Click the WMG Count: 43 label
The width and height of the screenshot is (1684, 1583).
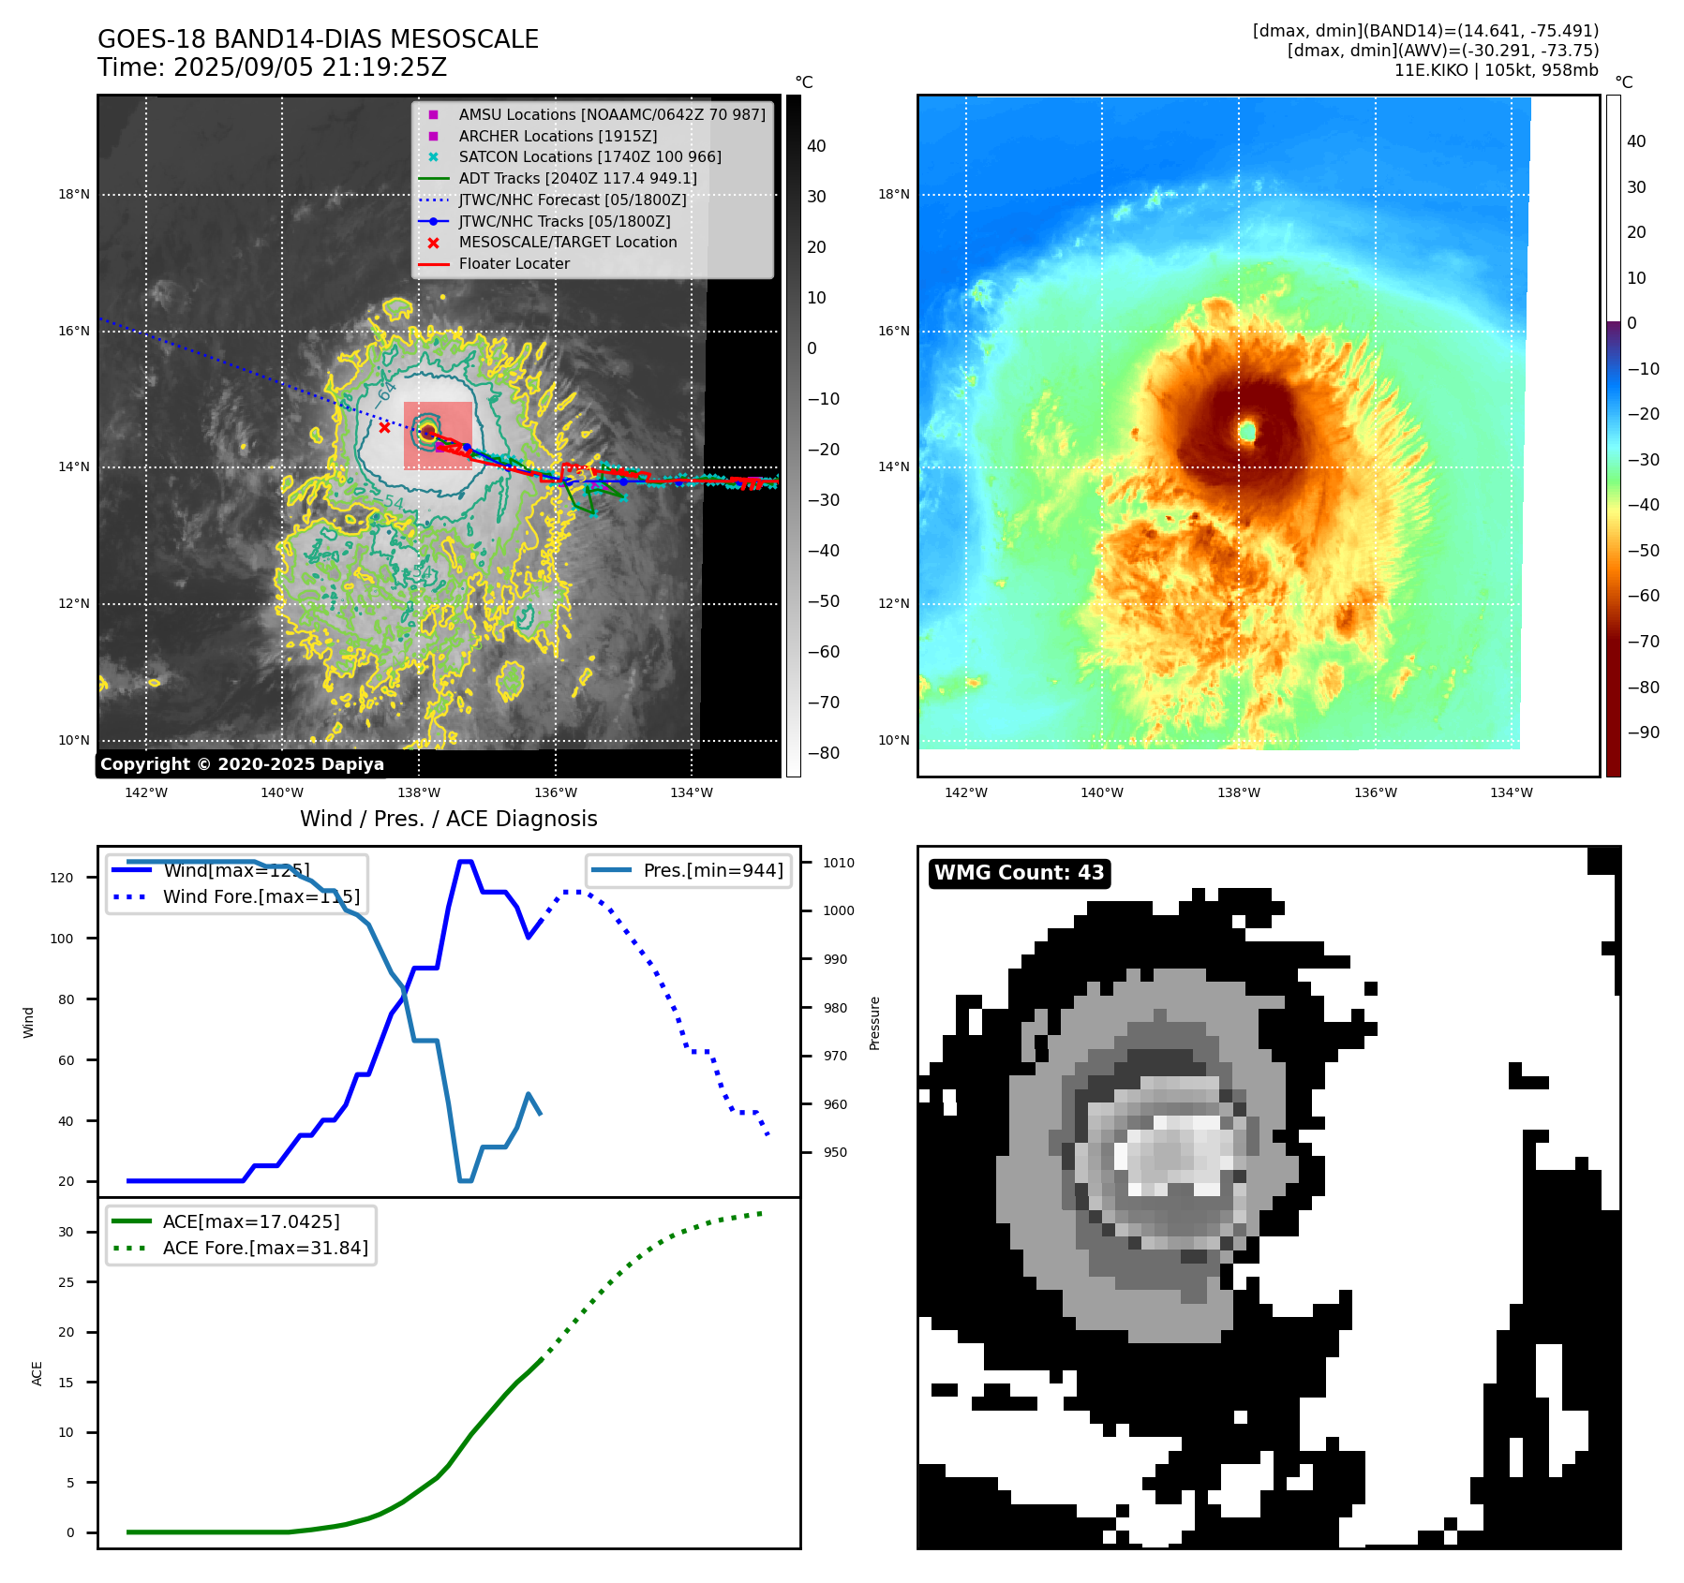(x=1020, y=873)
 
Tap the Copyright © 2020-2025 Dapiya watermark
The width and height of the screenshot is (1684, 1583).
(x=242, y=764)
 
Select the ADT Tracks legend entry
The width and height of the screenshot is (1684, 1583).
(x=577, y=178)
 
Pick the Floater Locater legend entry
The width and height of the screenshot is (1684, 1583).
(x=514, y=264)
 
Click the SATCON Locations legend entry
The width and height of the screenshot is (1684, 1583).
(x=589, y=157)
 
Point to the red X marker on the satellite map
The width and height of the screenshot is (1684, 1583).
(x=384, y=427)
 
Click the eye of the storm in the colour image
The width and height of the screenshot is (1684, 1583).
(x=1247, y=432)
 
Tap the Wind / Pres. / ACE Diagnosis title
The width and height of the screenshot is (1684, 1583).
(x=448, y=819)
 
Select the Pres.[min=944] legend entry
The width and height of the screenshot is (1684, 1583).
(x=712, y=870)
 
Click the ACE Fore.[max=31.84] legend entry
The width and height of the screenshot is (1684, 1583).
(x=265, y=1249)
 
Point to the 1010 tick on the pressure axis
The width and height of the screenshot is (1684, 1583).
(x=839, y=863)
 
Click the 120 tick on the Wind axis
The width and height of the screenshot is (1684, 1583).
(x=62, y=878)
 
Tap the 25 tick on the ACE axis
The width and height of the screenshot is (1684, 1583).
(x=66, y=1282)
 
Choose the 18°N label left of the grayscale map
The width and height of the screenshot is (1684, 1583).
(x=74, y=195)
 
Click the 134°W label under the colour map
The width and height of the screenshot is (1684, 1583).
(x=1511, y=792)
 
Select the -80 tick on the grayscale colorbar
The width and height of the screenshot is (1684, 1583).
(x=824, y=753)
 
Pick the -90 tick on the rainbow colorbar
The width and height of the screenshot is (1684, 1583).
(x=1643, y=732)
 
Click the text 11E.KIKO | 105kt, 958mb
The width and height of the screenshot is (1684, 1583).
(x=1496, y=70)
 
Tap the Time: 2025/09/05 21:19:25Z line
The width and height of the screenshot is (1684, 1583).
(x=272, y=68)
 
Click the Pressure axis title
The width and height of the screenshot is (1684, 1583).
(x=874, y=1023)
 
